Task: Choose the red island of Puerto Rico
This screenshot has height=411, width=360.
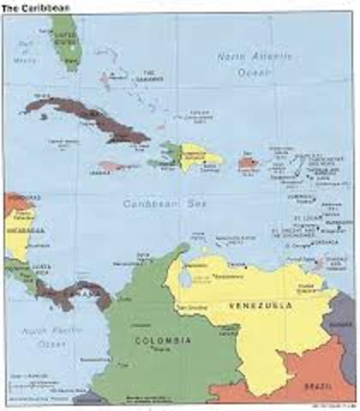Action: (248, 162)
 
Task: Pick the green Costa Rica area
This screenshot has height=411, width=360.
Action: (26, 274)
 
